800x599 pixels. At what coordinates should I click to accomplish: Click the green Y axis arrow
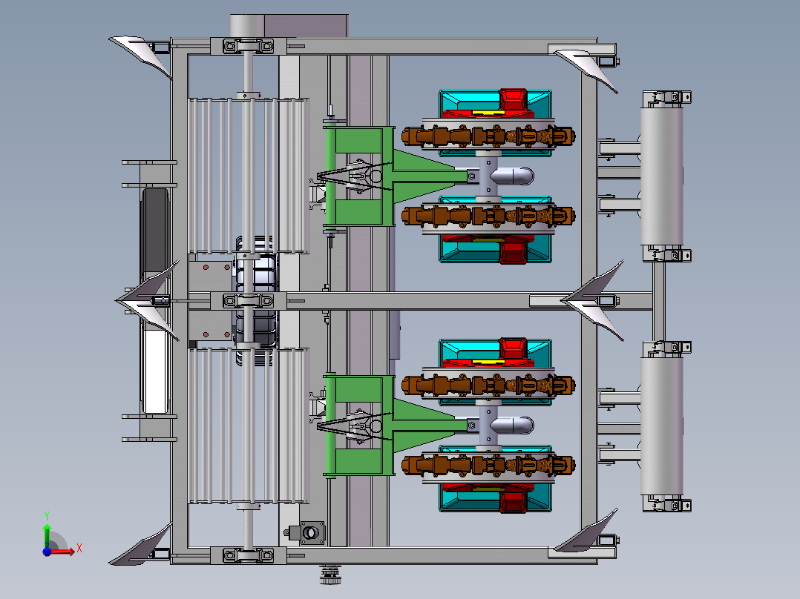point(47,533)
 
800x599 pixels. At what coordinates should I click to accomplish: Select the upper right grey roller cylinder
point(662,176)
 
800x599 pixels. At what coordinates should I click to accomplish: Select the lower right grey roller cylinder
point(662,426)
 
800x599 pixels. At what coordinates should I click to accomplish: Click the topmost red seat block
point(513,101)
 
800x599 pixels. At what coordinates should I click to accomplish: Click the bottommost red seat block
point(513,500)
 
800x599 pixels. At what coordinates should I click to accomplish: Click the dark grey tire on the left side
point(156,231)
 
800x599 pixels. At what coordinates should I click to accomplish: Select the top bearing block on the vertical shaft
point(248,47)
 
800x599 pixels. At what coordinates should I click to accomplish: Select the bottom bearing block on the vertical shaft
point(248,555)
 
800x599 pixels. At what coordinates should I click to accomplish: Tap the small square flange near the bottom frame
point(312,533)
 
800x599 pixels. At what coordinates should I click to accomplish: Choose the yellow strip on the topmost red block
point(488,112)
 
